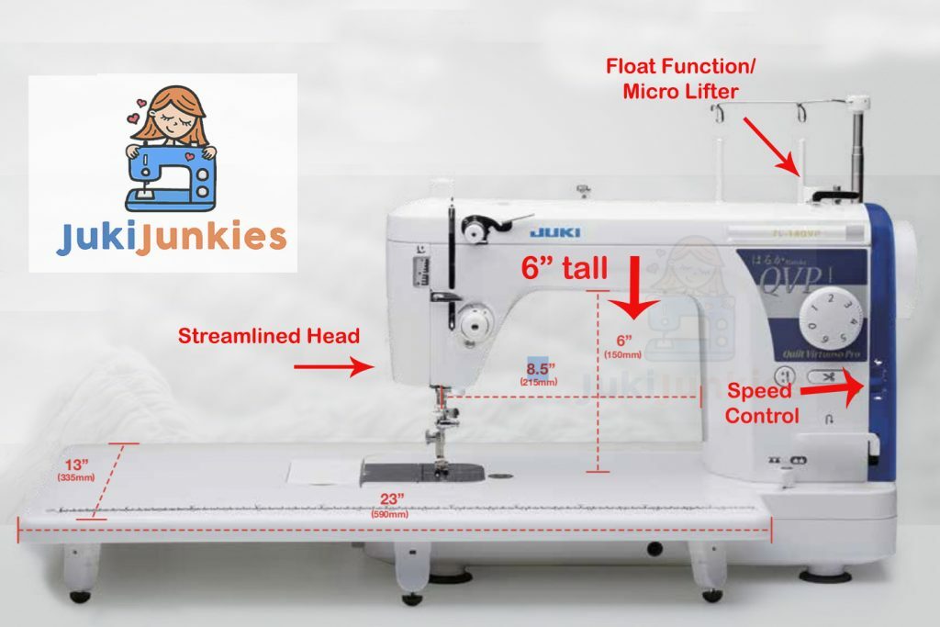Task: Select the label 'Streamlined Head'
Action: [268, 336]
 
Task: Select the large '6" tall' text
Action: [564, 269]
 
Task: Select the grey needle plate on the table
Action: [423, 472]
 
